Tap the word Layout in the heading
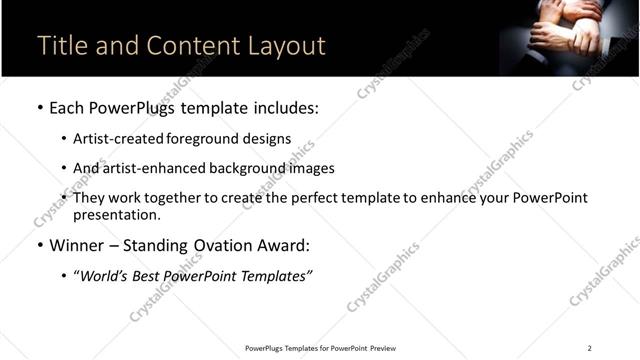(286, 46)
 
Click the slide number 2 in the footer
(589, 347)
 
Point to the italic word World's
(106, 276)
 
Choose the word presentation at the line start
(116, 214)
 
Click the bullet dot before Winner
(39, 245)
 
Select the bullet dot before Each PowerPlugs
(39, 107)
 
